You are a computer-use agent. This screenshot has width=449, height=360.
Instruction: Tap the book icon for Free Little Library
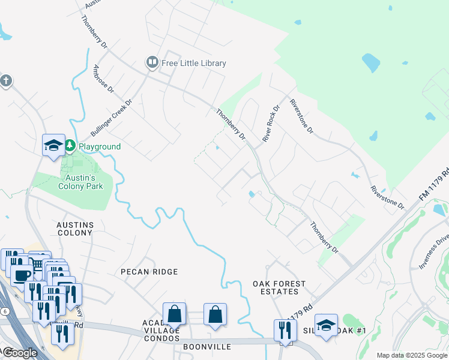[152, 62]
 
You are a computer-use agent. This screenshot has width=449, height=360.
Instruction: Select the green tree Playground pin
[70, 146]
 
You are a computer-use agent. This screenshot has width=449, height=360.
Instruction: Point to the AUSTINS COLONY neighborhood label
[75, 229]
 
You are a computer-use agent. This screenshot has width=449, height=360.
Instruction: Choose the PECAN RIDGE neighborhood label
[149, 272]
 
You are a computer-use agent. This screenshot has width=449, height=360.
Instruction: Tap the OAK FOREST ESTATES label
[279, 287]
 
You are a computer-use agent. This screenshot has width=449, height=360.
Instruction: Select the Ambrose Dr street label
[103, 79]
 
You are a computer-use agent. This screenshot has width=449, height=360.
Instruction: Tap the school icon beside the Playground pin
[53, 145]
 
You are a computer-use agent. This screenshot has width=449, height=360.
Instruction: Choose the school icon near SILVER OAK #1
[326, 326]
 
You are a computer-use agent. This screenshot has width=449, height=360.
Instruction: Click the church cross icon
[6, 80]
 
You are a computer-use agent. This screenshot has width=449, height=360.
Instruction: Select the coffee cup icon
[22, 276]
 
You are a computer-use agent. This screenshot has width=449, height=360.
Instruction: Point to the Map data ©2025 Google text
[412, 355]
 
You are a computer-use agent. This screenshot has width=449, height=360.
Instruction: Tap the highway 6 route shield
[5, 311]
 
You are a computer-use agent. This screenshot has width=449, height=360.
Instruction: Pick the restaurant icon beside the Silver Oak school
[285, 329]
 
